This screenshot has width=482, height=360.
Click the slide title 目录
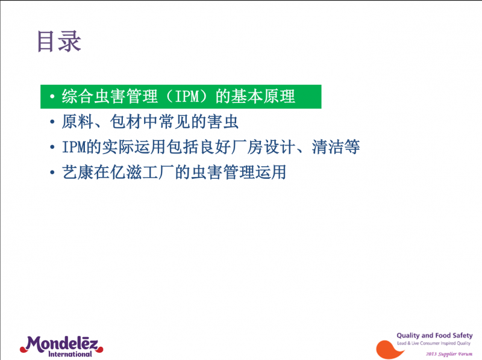point(58,42)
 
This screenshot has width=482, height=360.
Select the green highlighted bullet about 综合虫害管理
point(181,96)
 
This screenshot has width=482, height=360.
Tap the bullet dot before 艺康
point(53,173)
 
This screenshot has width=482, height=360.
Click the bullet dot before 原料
point(53,123)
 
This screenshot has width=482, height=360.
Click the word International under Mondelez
point(70,355)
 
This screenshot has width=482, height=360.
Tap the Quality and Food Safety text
point(434,335)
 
